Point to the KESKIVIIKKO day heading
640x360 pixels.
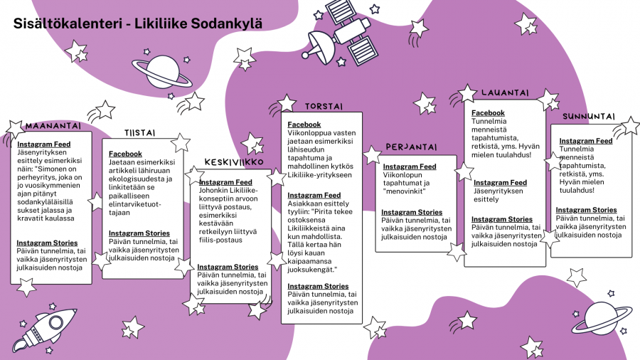tap(235, 162)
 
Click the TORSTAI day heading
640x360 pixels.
tap(324, 106)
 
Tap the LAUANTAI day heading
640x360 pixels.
tap(504, 93)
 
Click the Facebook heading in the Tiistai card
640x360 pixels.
tap(125, 154)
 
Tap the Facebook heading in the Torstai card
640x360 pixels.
tap(304, 125)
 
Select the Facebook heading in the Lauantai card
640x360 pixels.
tap(488, 113)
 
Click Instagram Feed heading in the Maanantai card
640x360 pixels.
tap(44, 144)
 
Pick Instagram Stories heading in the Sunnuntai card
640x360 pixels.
tap(586, 210)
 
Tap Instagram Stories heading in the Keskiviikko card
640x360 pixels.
tap(228, 267)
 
